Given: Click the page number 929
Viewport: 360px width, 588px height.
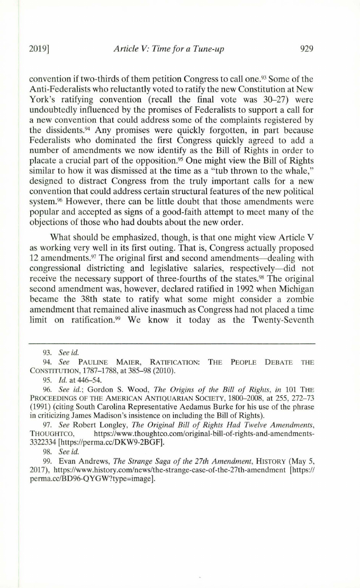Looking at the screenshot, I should point(307,50).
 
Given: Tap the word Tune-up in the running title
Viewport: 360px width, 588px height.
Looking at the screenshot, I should point(209,50).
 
